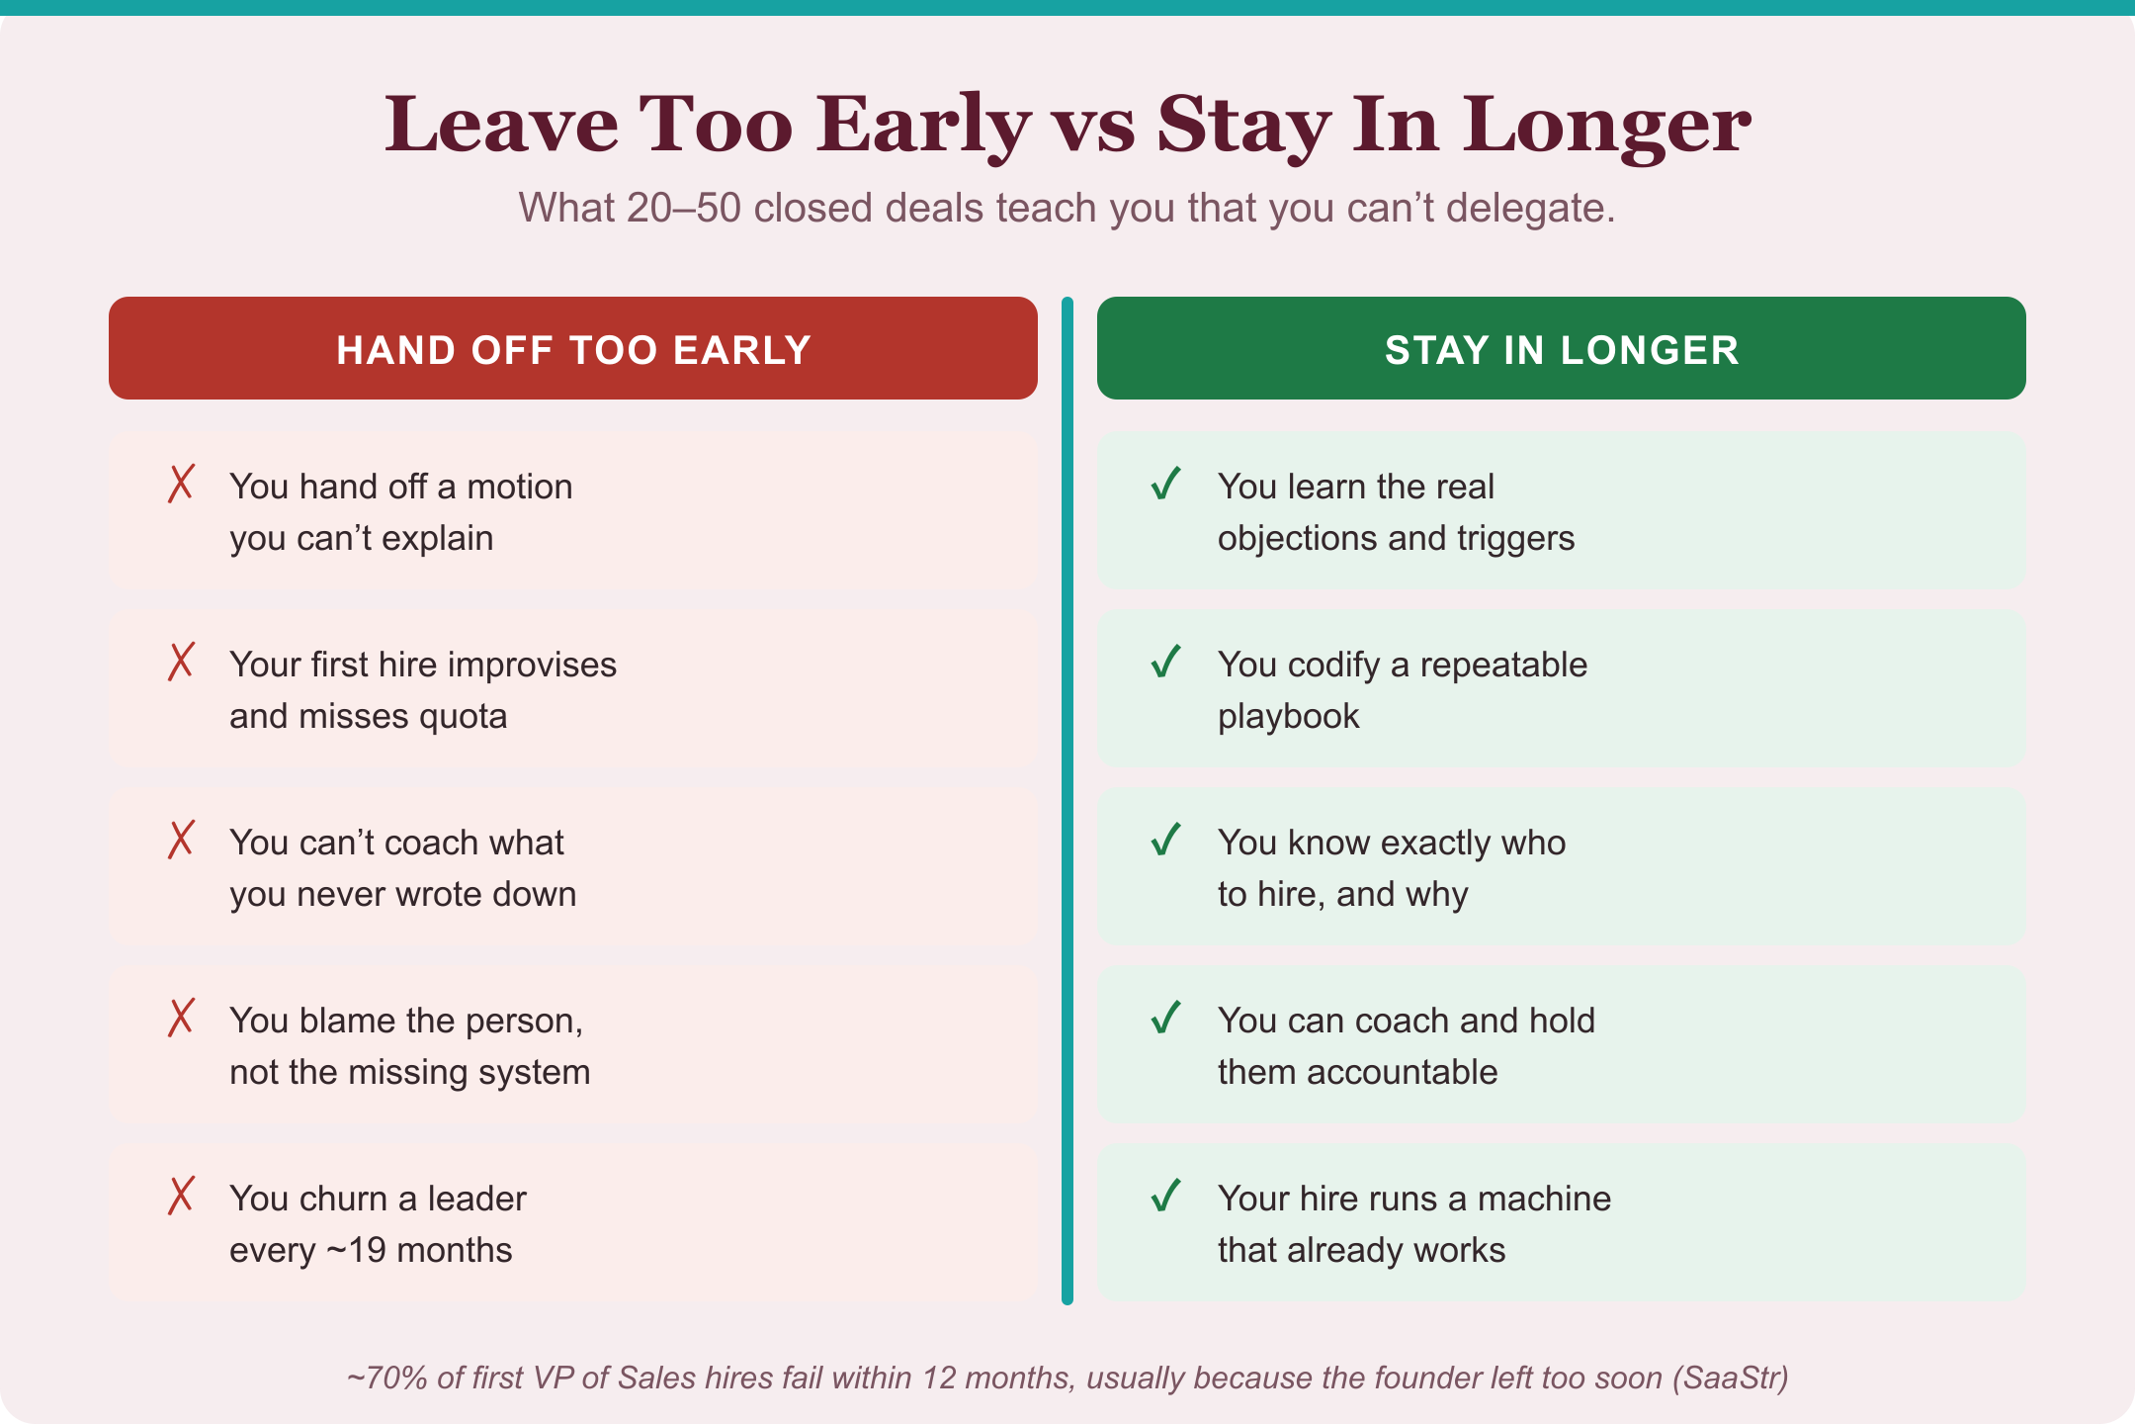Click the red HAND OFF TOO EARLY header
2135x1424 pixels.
[573, 348]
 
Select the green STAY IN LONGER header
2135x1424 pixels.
[1562, 348]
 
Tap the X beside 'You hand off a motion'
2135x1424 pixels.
[181, 484]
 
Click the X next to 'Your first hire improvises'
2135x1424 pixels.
[181, 662]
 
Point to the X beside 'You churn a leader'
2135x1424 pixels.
[181, 1196]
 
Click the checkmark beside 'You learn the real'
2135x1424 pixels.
[1166, 484]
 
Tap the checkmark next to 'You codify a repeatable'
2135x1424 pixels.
[1166, 662]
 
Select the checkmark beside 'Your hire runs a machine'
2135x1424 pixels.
[1166, 1196]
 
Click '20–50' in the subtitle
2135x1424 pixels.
[683, 209]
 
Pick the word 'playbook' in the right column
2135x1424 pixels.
[1289, 717]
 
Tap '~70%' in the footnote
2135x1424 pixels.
[386, 1378]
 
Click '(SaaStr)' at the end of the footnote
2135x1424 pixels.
[1731, 1379]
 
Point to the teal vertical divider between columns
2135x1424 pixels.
[1067, 801]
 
